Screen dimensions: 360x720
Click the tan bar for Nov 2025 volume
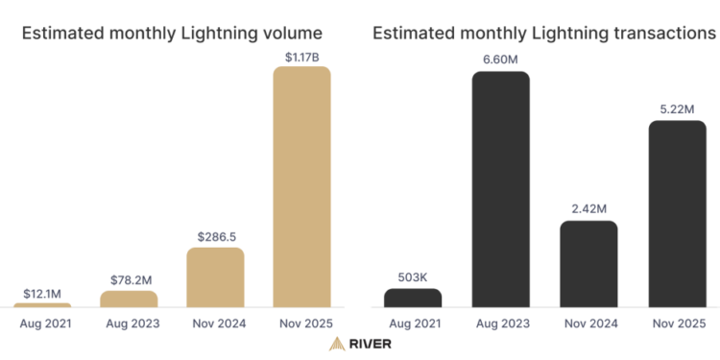301,186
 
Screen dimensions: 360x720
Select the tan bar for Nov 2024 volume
215,277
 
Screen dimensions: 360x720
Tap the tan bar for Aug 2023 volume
129,299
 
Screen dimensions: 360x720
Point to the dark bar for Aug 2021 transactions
412,298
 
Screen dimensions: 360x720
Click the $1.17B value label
302,58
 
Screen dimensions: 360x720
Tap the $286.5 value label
215,235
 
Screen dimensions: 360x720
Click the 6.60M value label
500,60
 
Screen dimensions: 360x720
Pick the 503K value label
413,276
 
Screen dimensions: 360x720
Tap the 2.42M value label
588,208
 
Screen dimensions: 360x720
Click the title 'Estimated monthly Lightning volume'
172,33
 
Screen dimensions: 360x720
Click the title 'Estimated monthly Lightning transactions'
543,33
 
